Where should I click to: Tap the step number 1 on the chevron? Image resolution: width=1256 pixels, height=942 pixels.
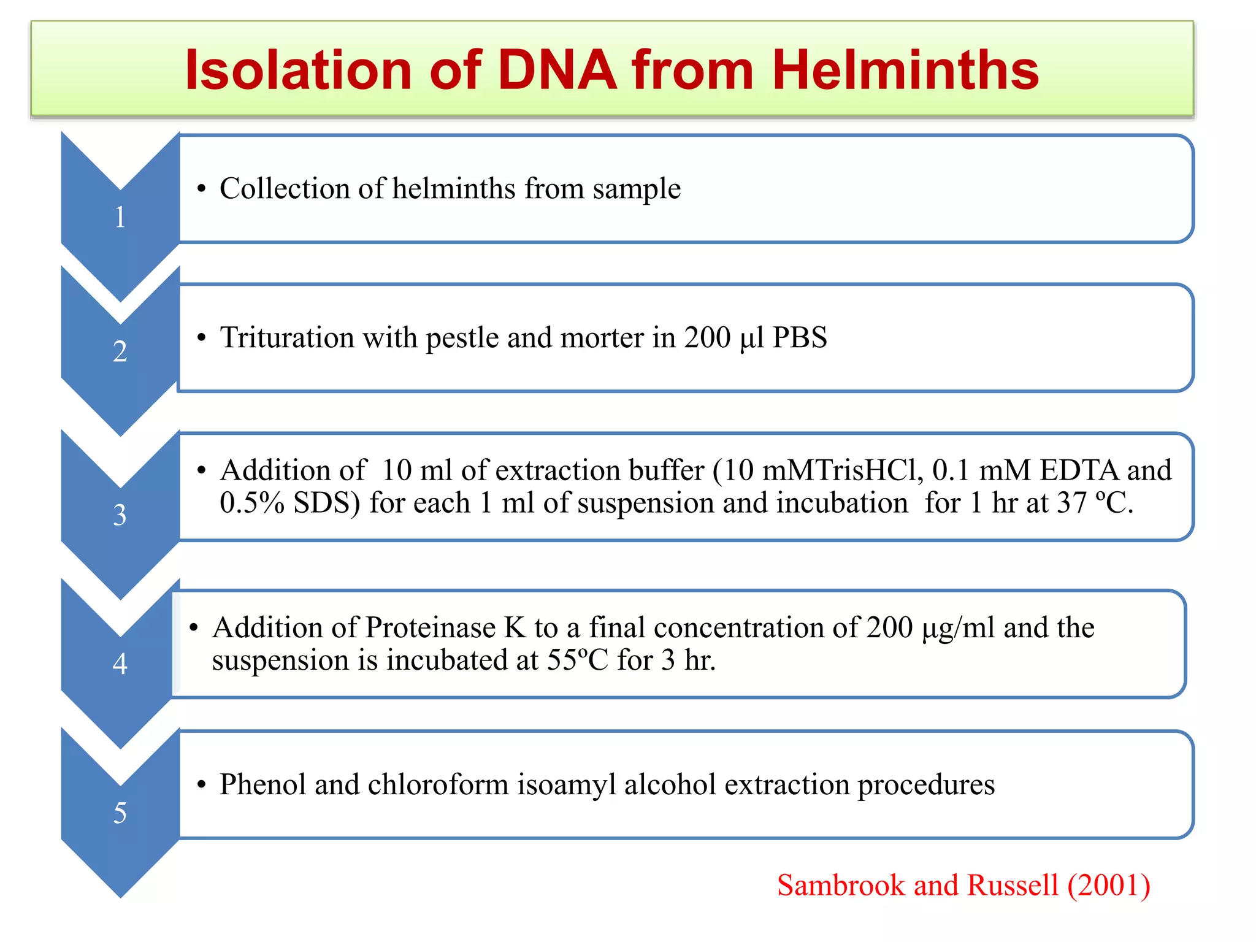point(120,217)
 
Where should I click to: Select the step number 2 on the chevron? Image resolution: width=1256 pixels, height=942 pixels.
point(120,351)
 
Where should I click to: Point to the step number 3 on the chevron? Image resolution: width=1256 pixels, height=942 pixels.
point(120,515)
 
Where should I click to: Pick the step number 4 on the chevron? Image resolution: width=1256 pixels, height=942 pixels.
point(120,664)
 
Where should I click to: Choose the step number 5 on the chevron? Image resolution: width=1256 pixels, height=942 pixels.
point(120,813)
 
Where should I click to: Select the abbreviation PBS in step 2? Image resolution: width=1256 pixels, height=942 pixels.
point(800,337)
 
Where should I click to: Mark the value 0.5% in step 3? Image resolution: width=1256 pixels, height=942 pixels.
point(252,503)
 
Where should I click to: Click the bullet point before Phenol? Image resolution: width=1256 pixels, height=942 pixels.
point(201,786)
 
